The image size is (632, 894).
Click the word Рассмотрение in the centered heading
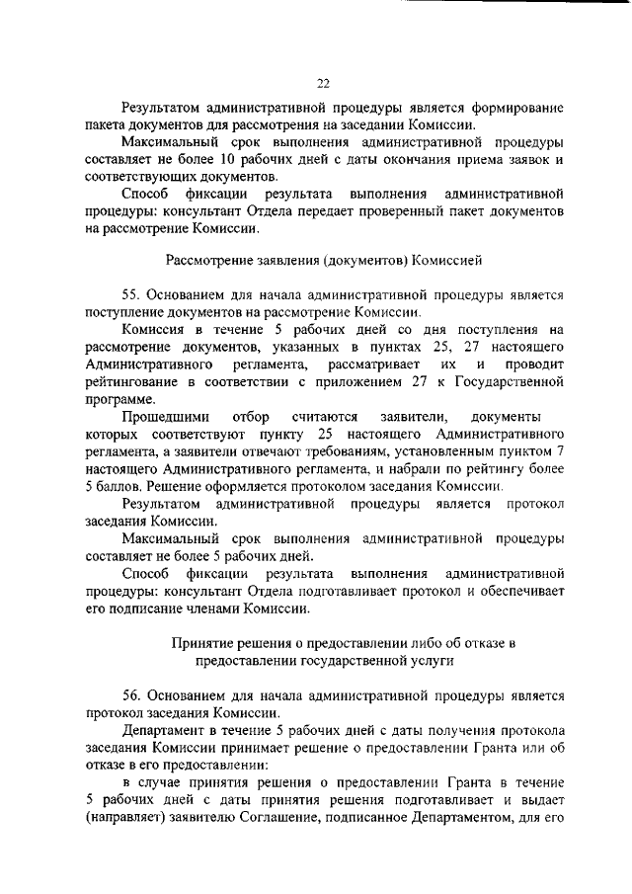[x=210, y=262]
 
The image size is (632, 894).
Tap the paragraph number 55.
[x=132, y=294]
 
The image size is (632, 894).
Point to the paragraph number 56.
[x=132, y=697]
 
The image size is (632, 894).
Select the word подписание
[x=154, y=609]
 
